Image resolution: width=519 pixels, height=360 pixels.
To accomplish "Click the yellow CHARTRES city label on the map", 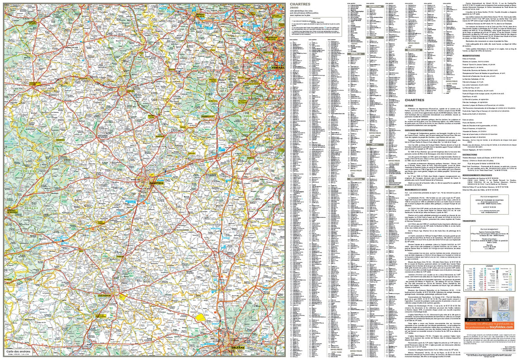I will point(156,183).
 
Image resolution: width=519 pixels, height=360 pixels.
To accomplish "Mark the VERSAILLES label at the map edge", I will point(278,67).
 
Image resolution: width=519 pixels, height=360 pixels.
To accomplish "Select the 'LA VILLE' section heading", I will point(409,105).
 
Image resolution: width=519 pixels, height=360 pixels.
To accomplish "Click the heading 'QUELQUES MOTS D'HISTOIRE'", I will point(419,130).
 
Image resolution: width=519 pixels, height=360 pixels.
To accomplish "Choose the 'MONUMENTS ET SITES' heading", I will point(416,190).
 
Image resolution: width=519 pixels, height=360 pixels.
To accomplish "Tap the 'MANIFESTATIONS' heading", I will point(471,55).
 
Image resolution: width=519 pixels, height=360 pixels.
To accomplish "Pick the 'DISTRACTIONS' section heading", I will point(470,155).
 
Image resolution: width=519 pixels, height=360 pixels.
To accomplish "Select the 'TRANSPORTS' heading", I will point(469,221).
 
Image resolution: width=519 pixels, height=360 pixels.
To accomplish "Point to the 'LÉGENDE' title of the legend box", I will point(490,266).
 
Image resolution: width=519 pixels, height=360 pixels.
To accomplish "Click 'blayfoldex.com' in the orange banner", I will point(502,327).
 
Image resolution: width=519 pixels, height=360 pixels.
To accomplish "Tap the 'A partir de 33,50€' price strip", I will point(478,320).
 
